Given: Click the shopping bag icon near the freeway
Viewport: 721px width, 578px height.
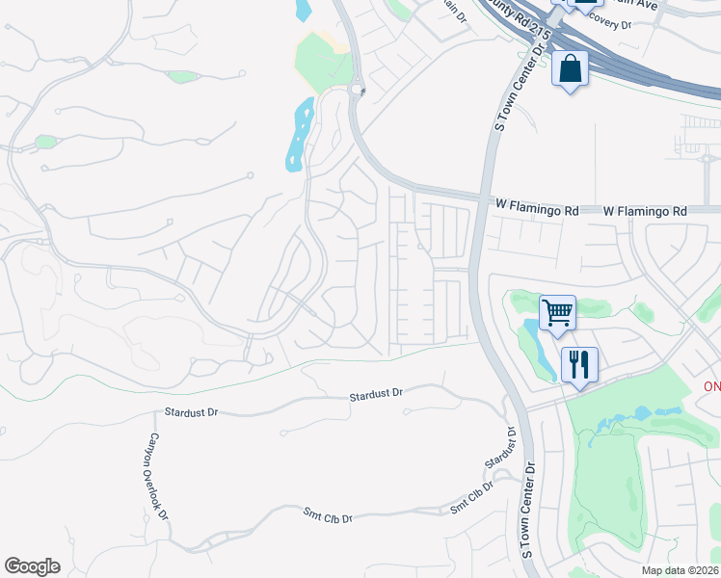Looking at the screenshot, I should [570, 69].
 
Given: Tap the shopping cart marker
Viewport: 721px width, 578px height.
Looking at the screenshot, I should [557, 312].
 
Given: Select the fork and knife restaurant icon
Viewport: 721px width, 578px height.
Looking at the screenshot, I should [578, 365].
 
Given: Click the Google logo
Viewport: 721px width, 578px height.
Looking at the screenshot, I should [32, 566].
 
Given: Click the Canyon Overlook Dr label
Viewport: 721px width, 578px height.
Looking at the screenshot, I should [156, 476].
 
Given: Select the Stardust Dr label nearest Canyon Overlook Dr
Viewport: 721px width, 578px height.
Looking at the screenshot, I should [191, 411].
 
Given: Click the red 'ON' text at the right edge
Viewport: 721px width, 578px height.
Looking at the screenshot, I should [711, 386].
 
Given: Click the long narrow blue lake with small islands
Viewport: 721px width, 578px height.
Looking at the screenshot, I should [300, 135].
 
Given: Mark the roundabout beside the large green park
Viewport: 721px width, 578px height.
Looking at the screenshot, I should [357, 91].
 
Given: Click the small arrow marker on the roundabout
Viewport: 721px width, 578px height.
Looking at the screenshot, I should [363, 91].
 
